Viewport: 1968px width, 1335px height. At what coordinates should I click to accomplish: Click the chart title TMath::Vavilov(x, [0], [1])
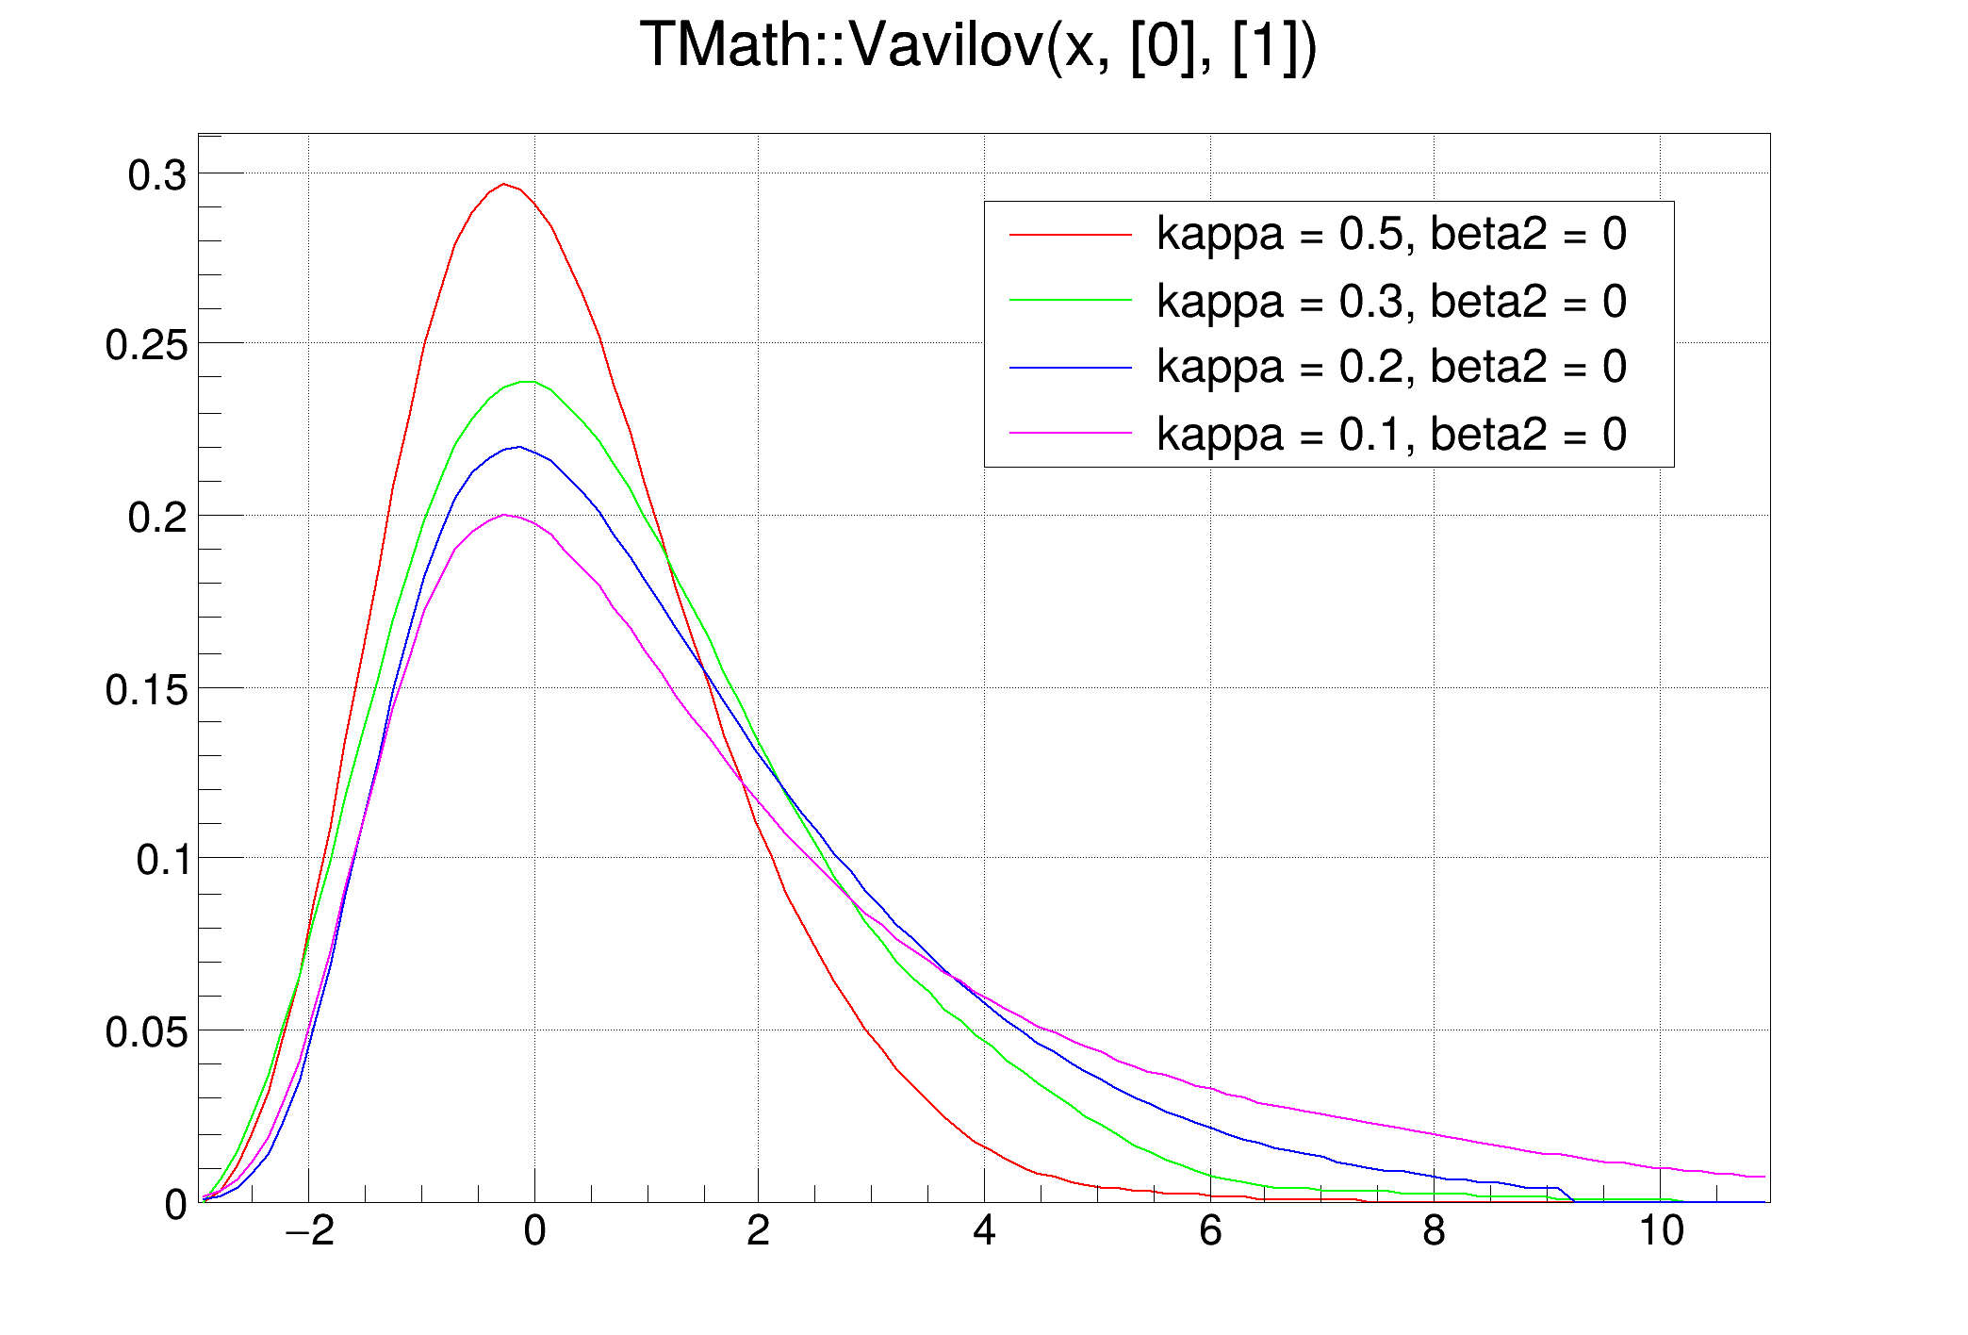[x=978, y=45]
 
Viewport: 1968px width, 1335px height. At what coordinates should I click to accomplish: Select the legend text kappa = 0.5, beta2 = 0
[x=1391, y=234]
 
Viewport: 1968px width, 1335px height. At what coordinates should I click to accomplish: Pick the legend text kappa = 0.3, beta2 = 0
[x=1391, y=302]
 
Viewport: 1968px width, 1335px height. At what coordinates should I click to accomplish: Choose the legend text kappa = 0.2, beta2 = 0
[x=1391, y=367]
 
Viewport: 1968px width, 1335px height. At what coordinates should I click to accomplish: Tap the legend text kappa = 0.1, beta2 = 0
[x=1391, y=435]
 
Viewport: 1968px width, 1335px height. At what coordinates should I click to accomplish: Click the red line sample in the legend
[x=1070, y=234]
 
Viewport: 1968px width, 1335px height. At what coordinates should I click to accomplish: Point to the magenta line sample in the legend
[x=1070, y=434]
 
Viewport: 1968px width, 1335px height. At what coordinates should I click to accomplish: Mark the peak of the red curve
[x=504, y=184]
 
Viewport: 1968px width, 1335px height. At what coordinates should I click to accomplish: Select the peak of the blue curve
[x=518, y=447]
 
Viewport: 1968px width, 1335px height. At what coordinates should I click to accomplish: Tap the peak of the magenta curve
[x=505, y=515]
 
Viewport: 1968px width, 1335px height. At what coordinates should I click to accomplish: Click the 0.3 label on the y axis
[x=157, y=176]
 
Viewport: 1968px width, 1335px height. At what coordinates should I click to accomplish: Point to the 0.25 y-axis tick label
[x=146, y=346]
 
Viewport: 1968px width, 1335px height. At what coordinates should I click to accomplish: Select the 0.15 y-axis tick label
[x=146, y=690]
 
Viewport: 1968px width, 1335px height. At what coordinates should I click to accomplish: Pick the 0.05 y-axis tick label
[x=146, y=1032]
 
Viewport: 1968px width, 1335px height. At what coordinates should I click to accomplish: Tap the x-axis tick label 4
[x=984, y=1230]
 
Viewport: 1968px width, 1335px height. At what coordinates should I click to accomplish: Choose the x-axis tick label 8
[x=1434, y=1230]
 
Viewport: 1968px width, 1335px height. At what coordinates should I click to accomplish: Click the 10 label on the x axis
[x=1661, y=1230]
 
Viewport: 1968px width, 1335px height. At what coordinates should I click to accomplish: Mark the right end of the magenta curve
[x=1764, y=1177]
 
